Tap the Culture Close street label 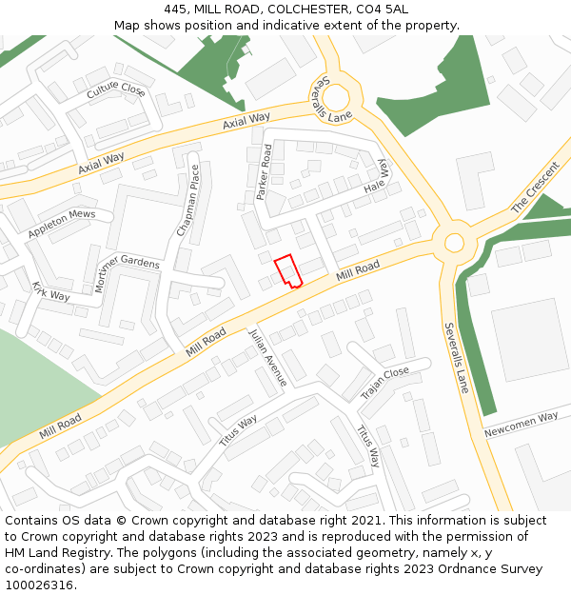point(115,91)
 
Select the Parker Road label point(264,171)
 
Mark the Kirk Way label point(51,290)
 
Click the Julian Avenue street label point(266,358)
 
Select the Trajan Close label point(384,383)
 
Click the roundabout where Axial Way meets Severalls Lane point(336,99)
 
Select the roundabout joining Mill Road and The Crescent point(454,242)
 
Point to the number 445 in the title point(176,9)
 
